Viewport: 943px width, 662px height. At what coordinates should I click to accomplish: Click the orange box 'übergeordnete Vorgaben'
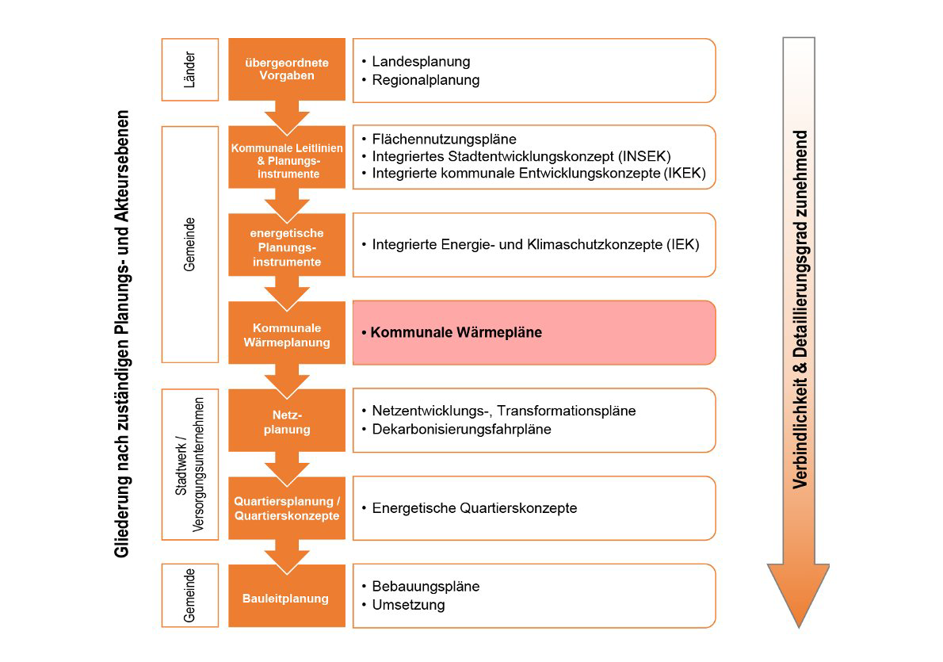tap(287, 70)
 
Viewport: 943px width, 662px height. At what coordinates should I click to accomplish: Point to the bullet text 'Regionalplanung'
tap(426, 80)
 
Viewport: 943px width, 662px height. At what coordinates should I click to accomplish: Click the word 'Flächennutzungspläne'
tap(444, 139)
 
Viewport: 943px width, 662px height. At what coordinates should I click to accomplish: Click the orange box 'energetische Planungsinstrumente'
tap(287, 247)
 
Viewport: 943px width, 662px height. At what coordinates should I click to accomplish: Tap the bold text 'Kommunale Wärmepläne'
tap(456, 332)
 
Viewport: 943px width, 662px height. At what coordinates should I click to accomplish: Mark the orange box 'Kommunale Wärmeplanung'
tap(287, 335)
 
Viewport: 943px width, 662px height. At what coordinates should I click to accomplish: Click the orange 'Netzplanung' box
tap(287, 422)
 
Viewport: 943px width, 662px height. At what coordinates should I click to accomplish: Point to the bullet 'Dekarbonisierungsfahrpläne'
tap(461, 429)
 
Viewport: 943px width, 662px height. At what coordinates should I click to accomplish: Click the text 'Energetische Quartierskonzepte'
tap(474, 508)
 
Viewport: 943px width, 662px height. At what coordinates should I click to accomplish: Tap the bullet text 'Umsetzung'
tap(408, 605)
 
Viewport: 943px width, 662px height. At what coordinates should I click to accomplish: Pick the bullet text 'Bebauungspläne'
tap(426, 587)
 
